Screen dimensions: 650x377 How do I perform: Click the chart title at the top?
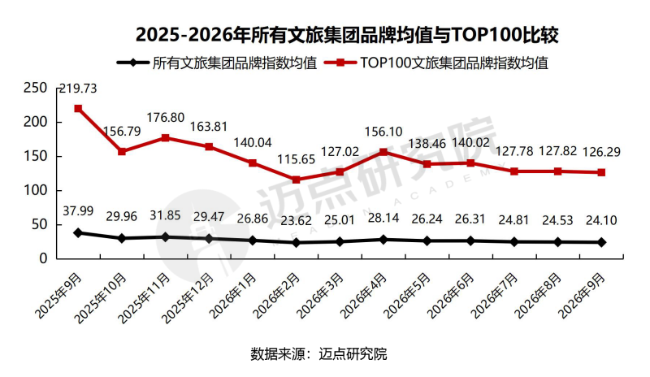tap(348, 35)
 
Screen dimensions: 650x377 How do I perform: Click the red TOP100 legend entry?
tap(436, 63)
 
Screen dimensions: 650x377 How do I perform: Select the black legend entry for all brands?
tap(217, 63)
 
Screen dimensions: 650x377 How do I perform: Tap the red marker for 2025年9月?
tap(78, 109)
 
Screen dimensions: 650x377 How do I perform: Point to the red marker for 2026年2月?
tap(296, 180)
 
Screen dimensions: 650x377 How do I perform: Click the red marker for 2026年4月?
tap(383, 152)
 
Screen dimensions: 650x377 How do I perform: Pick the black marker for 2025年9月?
tap(78, 232)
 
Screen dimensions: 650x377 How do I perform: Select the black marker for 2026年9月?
tap(601, 242)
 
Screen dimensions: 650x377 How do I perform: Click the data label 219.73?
tap(78, 89)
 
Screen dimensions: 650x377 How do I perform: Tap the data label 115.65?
tap(296, 159)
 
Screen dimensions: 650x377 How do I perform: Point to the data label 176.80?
tap(166, 117)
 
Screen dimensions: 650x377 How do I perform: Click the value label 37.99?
tap(78, 211)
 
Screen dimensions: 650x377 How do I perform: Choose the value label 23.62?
tap(296, 221)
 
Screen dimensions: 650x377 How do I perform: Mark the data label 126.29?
tap(601, 152)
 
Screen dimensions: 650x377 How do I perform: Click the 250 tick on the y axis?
tap(35, 88)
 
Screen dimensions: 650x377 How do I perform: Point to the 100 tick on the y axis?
tap(35, 190)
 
